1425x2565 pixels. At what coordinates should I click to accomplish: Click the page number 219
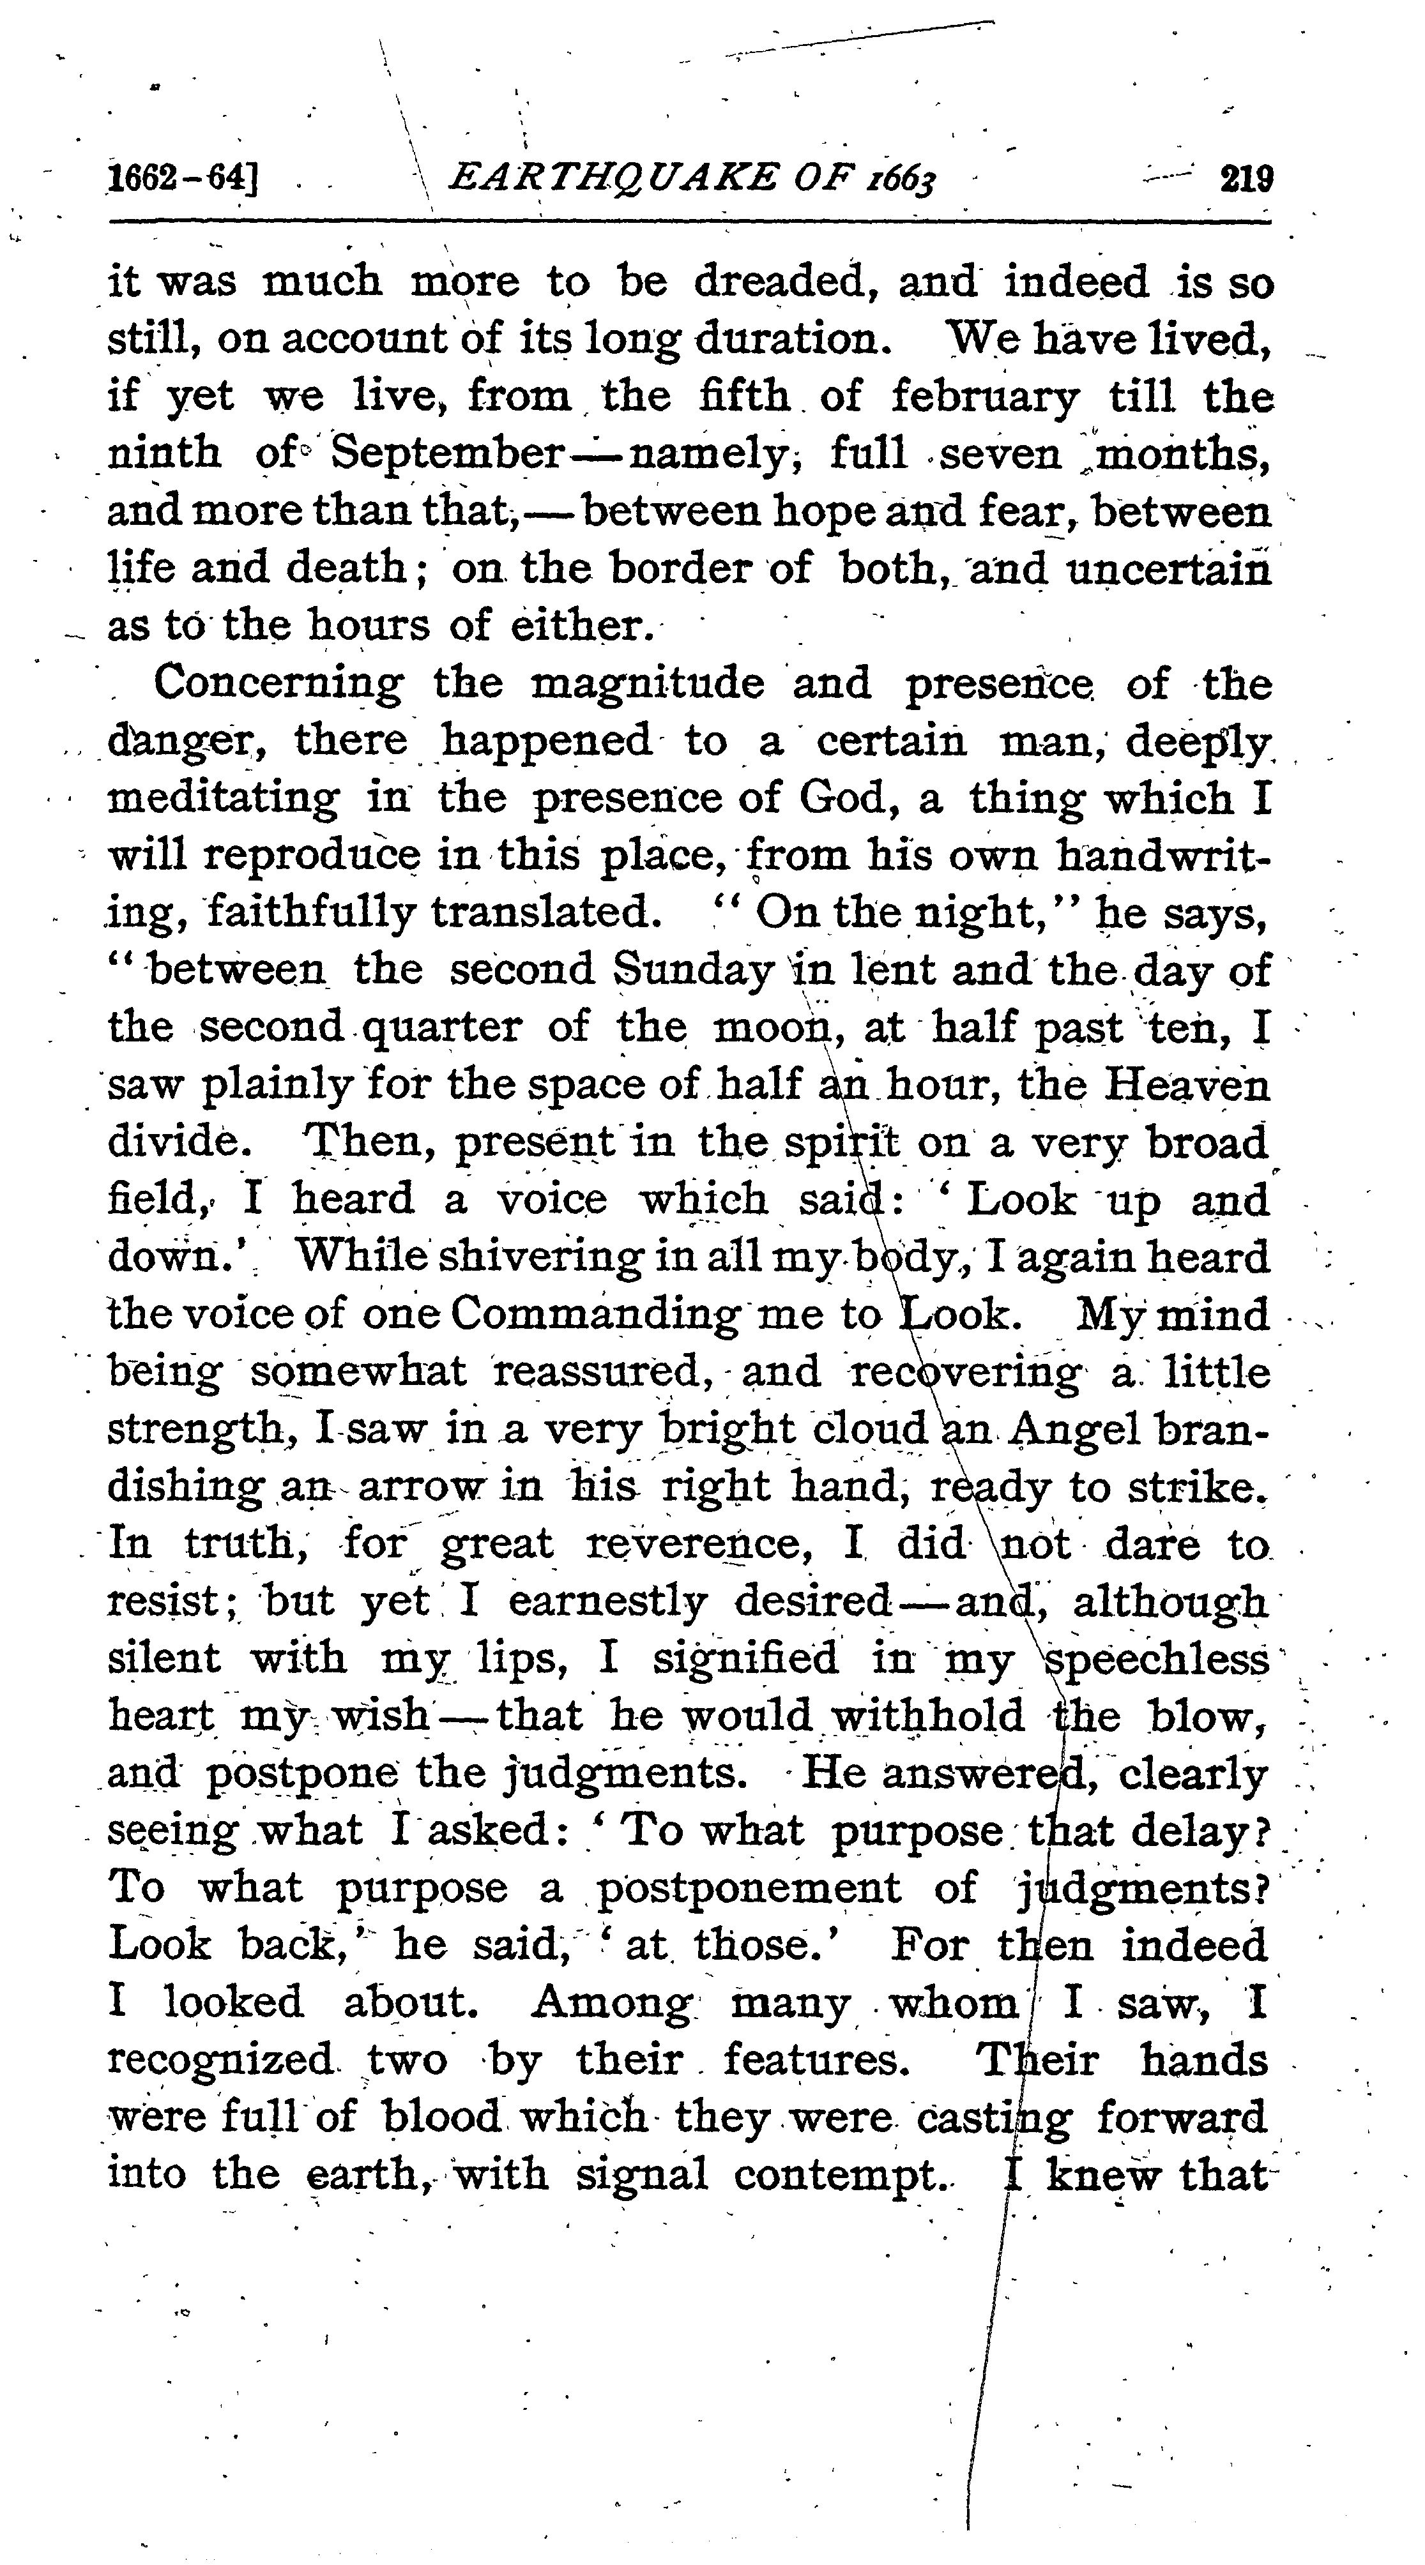1246,179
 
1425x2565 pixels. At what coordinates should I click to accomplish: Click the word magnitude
647,684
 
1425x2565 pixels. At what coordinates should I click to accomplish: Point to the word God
834,799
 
